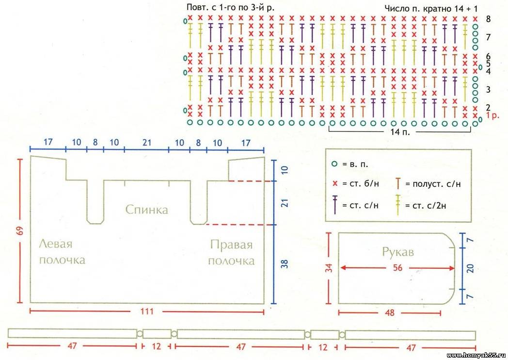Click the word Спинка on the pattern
coord(146,210)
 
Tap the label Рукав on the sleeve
coord(397,252)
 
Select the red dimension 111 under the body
coord(147,311)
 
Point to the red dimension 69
coord(20,230)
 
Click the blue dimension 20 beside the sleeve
coord(470,268)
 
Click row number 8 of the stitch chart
coord(488,19)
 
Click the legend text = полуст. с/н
coord(432,184)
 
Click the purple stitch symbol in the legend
coord(334,204)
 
